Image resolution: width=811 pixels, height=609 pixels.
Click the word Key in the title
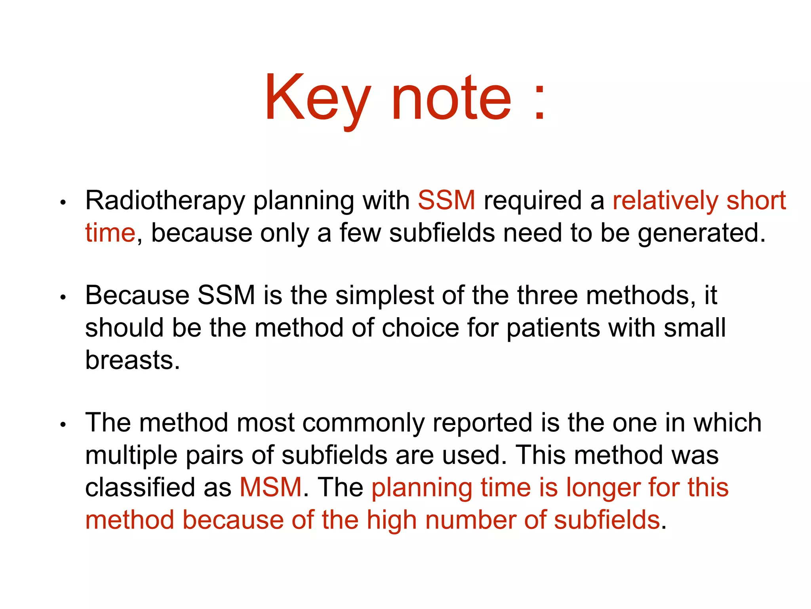tap(317, 98)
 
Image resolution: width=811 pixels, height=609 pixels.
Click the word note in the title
tap(451, 98)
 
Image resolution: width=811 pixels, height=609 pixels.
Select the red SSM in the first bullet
tap(446, 200)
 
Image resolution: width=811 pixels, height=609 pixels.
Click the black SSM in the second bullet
tap(226, 295)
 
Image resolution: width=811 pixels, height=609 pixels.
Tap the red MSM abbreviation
tap(271, 487)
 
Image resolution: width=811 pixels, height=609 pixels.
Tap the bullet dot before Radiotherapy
tap(63, 203)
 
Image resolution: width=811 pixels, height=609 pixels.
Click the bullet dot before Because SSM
tap(63, 297)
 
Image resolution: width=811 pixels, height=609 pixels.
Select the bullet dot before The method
tap(63, 425)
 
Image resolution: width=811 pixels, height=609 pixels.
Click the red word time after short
tap(110, 233)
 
